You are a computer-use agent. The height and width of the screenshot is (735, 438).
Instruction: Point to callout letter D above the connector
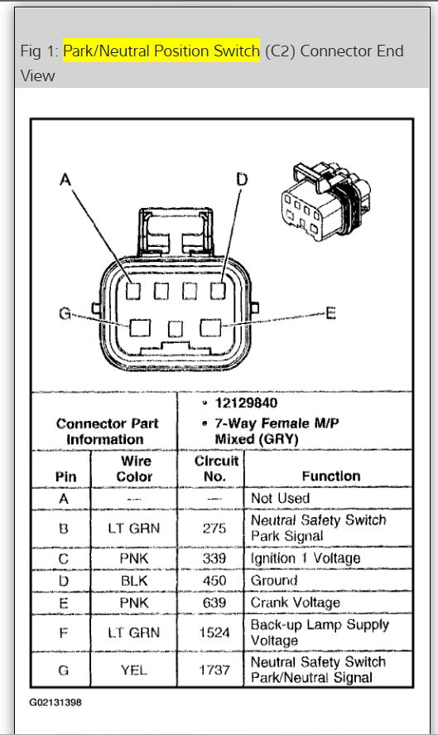(x=241, y=179)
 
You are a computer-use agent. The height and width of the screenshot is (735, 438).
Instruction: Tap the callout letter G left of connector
(x=64, y=314)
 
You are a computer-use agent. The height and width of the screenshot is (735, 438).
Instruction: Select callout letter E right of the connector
(x=330, y=313)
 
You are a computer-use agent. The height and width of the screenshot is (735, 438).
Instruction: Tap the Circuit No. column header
(x=216, y=468)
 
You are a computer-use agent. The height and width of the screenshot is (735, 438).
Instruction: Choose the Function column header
(x=330, y=476)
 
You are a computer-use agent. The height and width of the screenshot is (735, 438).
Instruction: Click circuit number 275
(x=215, y=528)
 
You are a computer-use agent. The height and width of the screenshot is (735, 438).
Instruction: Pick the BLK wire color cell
(x=134, y=581)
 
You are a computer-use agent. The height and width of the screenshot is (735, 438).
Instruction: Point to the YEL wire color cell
(x=134, y=670)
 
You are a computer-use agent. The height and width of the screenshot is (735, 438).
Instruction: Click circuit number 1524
(x=215, y=632)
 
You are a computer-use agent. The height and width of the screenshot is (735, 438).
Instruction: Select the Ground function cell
(x=274, y=581)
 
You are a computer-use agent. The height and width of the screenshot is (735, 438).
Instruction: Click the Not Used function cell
(x=280, y=498)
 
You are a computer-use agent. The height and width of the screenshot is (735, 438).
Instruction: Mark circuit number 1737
(x=215, y=670)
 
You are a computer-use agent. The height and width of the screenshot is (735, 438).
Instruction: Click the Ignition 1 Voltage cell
(x=306, y=559)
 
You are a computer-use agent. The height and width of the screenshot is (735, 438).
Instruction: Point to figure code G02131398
(x=55, y=702)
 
